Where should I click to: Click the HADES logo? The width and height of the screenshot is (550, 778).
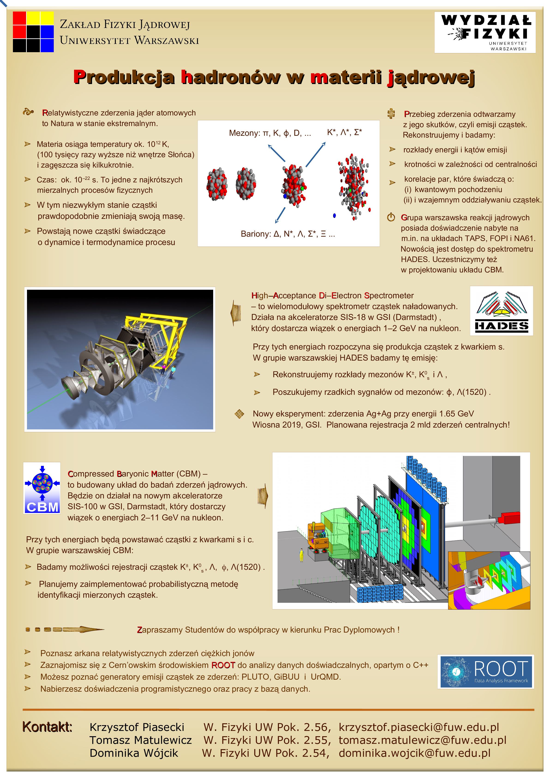501,311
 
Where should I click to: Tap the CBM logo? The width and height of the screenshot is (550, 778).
42,488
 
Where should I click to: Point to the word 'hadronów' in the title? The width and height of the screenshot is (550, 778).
230,77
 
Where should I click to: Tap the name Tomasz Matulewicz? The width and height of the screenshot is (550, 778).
140,740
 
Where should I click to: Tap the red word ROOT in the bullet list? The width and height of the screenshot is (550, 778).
223,665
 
